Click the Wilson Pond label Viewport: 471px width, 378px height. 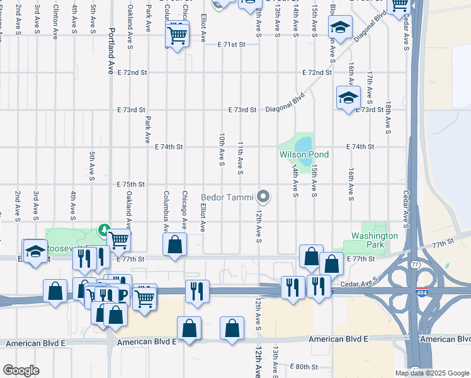pyautogui.click(x=304, y=154)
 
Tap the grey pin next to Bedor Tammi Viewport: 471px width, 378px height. pyautogui.click(x=265, y=197)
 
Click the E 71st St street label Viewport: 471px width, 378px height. pyautogui.click(x=230, y=45)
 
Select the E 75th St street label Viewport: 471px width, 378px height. pyautogui.click(x=131, y=185)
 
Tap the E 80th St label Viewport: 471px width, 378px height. pyautogui.click(x=305, y=366)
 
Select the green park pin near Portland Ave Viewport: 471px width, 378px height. pyautogui.click(x=105, y=231)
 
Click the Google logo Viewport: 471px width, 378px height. pyautogui.click(x=21, y=370)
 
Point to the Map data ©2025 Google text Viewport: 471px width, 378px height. pyautogui.click(x=431, y=373)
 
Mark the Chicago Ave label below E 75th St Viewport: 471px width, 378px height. pyautogui.click(x=184, y=210)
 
